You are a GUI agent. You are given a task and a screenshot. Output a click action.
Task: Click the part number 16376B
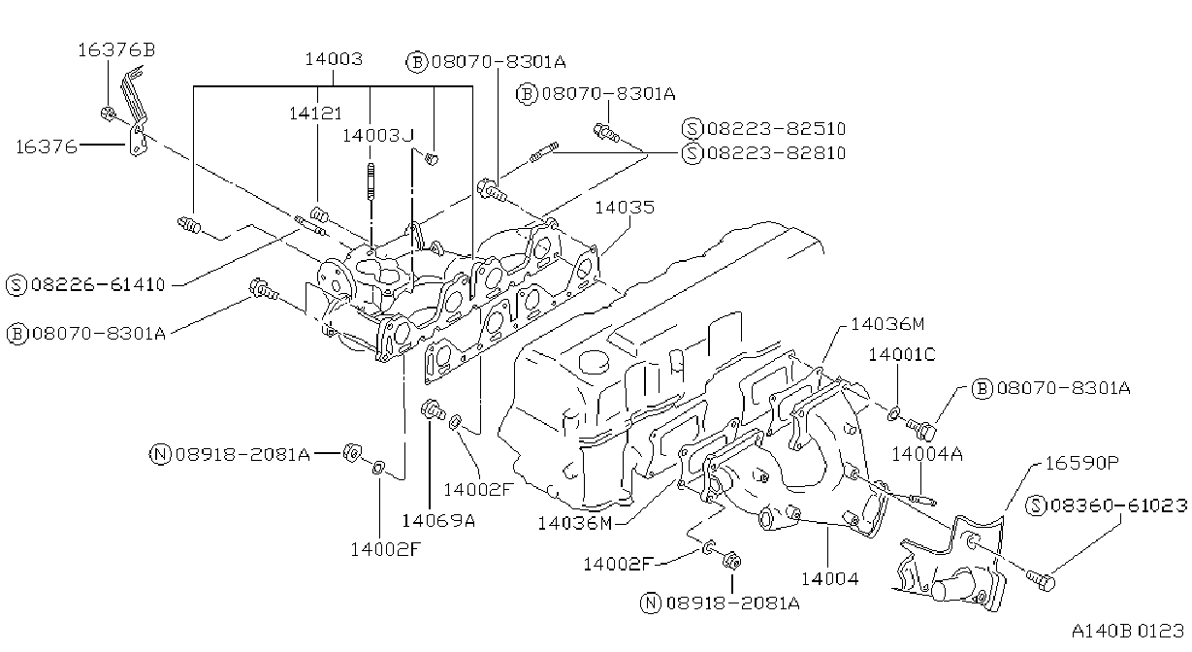click(x=116, y=50)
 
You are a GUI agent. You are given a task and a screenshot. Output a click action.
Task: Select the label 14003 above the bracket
click(x=334, y=59)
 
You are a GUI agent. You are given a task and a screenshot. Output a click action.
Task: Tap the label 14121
click(x=315, y=114)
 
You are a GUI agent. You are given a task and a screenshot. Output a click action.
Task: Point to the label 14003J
click(x=377, y=136)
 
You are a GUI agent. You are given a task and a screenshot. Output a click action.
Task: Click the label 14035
click(x=625, y=207)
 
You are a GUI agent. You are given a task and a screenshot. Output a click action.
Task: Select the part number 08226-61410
click(x=99, y=284)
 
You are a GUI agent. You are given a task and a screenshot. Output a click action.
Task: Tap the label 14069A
click(x=438, y=521)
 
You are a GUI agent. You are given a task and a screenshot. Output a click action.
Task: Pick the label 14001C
click(x=901, y=354)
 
